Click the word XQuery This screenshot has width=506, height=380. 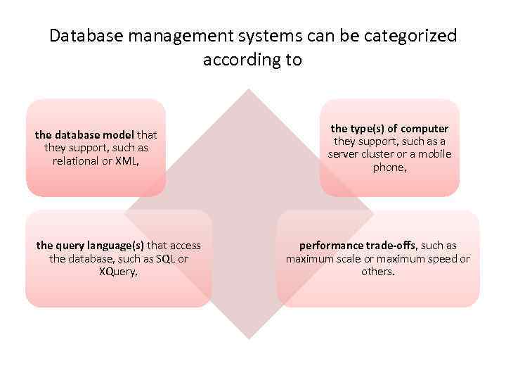(118, 271)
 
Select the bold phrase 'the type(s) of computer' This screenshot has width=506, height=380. (389, 128)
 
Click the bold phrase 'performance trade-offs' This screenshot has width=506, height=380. (358, 246)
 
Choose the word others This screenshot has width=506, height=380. (377, 271)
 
